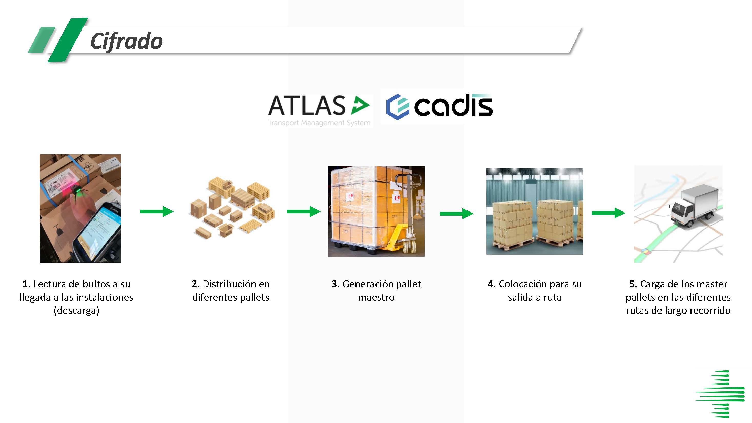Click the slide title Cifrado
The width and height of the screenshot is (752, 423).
tap(126, 42)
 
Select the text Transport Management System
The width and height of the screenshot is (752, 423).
tap(319, 123)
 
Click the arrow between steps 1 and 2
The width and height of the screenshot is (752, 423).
tap(157, 211)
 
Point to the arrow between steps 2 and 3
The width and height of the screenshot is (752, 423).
tap(304, 211)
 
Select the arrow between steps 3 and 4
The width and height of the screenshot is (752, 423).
tap(456, 213)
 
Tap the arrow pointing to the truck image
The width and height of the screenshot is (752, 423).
tap(608, 213)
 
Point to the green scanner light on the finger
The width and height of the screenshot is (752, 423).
tap(78, 191)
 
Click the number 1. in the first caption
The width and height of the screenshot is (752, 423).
tap(26, 284)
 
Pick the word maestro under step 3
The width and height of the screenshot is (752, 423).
tap(376, 297)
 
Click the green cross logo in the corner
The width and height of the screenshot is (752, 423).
tap(720, 394)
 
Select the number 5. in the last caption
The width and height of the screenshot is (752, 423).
tap(633, 284)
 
